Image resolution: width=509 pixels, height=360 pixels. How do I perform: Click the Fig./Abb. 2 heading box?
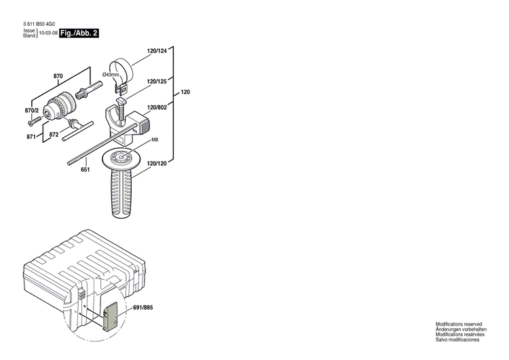pyautogui.click(x=79, y=33)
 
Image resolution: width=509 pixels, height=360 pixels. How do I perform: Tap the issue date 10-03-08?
pyautogui.click(x=48, y=33)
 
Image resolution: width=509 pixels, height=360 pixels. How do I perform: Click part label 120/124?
pyautogui.click(x=157, y=50)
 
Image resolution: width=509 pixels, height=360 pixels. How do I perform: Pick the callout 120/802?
pyautogui.click(x=157, y=107)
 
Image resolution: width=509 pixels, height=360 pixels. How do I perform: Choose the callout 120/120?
pyautogui.click(x=157, y=164)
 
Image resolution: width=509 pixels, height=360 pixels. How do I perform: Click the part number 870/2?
pyautogui.click(x=32, y=110)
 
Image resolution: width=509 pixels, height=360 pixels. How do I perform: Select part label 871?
pyautogui.click(x=31, y=137)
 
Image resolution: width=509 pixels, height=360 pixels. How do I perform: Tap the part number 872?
pyautogui.click(x=54, y=135)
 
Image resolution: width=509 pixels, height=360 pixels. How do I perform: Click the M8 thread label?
pyautogui.click(x=155, y=140)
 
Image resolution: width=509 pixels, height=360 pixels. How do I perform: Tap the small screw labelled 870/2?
pyautogui.click(x=31, y=122)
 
